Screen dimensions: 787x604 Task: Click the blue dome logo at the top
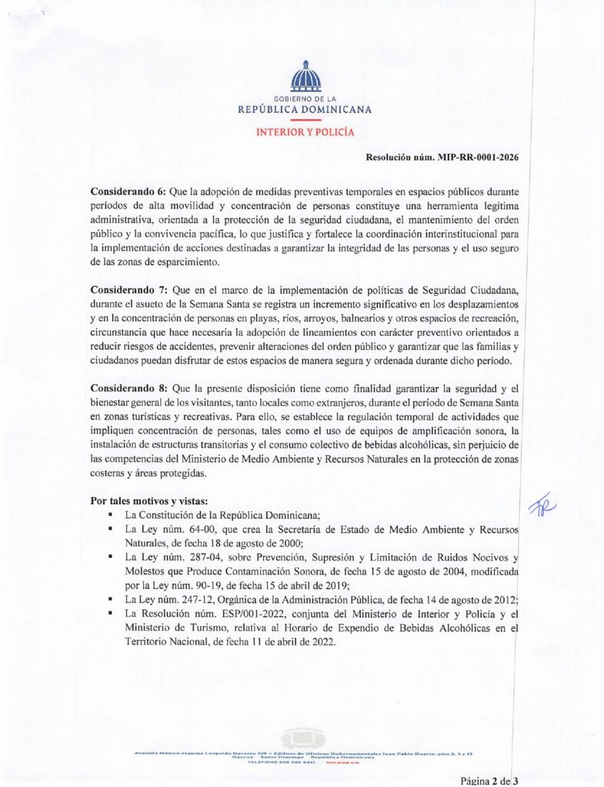(305, 77)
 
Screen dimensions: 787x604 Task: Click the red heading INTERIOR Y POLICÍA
(305, 132)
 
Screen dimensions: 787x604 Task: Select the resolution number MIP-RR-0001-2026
(477, 158)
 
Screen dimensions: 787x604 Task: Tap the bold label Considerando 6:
(124, 190)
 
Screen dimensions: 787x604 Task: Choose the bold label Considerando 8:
(124, 389)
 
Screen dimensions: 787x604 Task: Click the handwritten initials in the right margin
(543, 505)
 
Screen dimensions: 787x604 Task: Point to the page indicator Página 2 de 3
(489, 781)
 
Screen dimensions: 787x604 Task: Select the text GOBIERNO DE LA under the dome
(305, 99)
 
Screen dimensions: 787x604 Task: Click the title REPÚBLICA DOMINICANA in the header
(305, 110)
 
